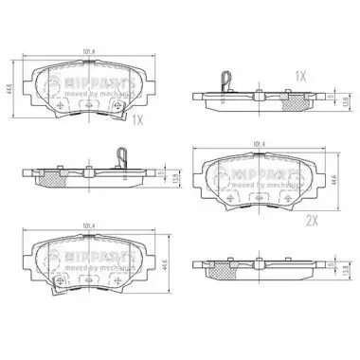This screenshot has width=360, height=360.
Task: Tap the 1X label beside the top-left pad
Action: pos(137,120)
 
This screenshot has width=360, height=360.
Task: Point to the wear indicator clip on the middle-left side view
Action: pos(120,154)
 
